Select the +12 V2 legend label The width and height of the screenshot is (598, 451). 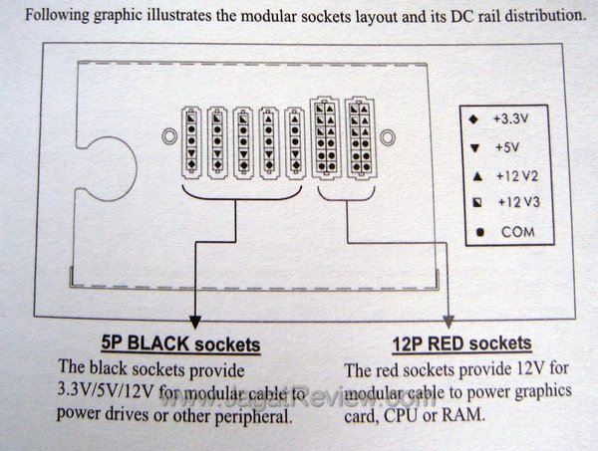[x=512, y=176]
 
